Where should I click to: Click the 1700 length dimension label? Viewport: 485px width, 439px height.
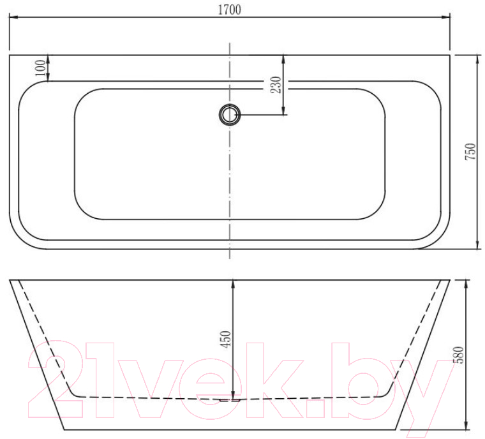[x=230, y=10]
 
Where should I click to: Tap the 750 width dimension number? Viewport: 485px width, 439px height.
[x=470, y=151]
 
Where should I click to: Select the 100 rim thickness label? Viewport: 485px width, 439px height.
[x=40, y=68]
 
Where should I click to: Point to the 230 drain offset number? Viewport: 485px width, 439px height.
[x=275, y=85]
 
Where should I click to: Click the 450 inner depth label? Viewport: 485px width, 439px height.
[x=226, y=339]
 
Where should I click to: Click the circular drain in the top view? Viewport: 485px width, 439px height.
[x=229, y=115]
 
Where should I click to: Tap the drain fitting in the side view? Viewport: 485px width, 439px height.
[x=230, y=400]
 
